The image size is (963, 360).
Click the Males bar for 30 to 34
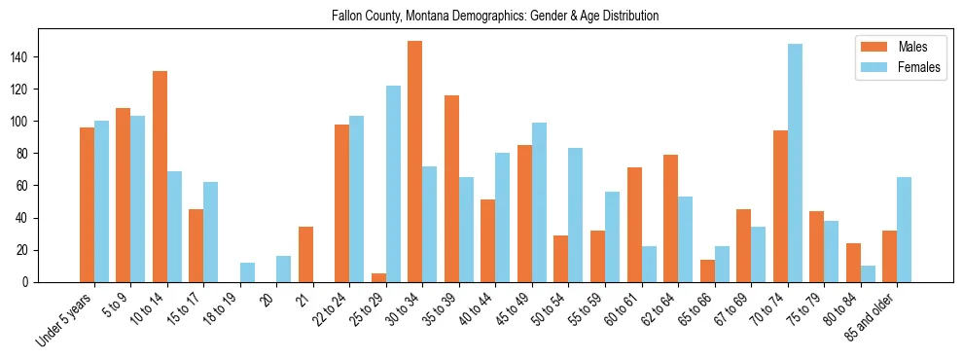pyautogui.click(x=415, y=162)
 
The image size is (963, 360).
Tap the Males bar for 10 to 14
pyautogui.click(x=160, y=176)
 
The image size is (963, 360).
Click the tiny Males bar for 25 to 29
pyautogui.click(x=378, y=278)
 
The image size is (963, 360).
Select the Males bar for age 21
pyautogui.click(x=305, y=254)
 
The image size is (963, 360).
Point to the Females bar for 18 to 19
pyautogui.click(x=247, y=272)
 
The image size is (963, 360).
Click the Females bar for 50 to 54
pyautogui.click(x=576, y=215)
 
